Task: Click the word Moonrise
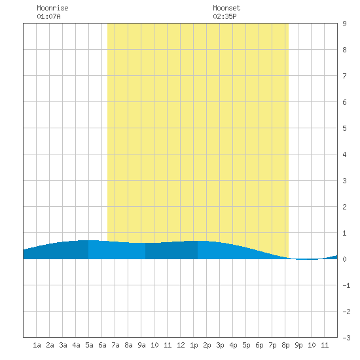pos(52,8)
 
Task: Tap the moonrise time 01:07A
pos(48,16)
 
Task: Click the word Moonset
pos(226,8)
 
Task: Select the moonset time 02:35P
pos(225,16)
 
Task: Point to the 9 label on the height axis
pos(344,24)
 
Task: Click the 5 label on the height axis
pos(344,128)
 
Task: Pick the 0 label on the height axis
pos(344,259)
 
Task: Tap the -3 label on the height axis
pos(346,338)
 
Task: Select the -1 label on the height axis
pos(346,285)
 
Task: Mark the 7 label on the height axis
pos(344,76)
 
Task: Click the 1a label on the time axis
pos(37,345)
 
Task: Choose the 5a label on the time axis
pos(89,345)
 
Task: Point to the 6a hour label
pos(102,345)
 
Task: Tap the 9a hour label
pos(141,345)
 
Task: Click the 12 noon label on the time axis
pos(181,345)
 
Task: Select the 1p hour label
pos(194,345)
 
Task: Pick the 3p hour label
pos(220,345)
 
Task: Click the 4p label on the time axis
pos(233,345)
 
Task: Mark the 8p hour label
pos(285,345)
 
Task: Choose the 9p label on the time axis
pos(298,345)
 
